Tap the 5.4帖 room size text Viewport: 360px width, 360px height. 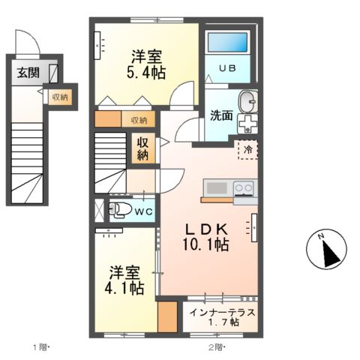pyautogui.click(x=148, y=72)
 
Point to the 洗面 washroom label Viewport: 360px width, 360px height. pyautogui.click(x=221, y=116)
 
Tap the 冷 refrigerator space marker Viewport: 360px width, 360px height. pyautogui.click(x=247, y=150)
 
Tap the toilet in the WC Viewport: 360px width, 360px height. pyautogui.click(x=118, y=211)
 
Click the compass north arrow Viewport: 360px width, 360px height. pyautogui.click(x=326, y=250)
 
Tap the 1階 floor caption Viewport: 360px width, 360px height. pyautogui.click(x=40, y=347)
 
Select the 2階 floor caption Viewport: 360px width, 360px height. pyautogui.click(x=216, y=347)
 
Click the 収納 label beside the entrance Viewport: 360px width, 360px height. pyautogui.click(x=59, y=97)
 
